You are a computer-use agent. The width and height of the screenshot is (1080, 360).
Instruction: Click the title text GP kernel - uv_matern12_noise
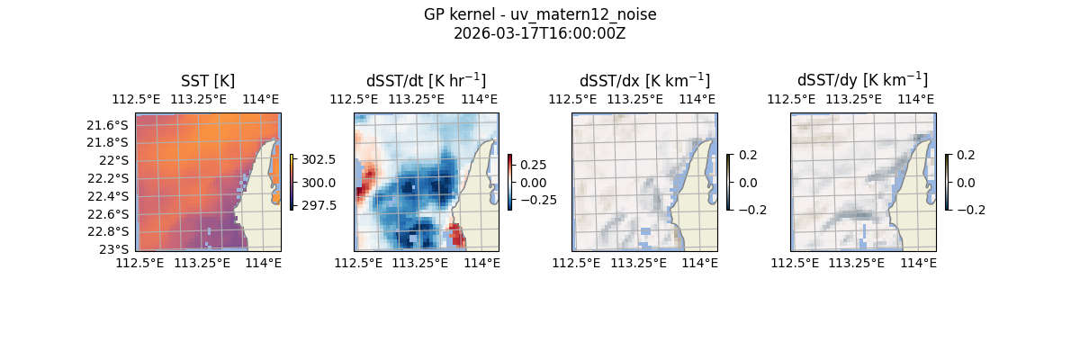pos(540,14)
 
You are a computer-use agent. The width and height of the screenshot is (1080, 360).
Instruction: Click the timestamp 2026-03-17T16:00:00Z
pos(540,33)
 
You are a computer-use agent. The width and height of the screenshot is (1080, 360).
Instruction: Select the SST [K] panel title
pos(208,81)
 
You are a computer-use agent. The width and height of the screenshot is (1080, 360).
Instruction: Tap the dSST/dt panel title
pos(426,81)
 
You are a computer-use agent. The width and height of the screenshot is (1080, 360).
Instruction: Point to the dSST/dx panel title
pos(644,81)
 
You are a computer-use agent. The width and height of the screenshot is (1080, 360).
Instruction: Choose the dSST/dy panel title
pos(862,81)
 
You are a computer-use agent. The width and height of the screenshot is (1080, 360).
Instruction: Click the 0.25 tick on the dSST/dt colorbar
pos(533,165)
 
